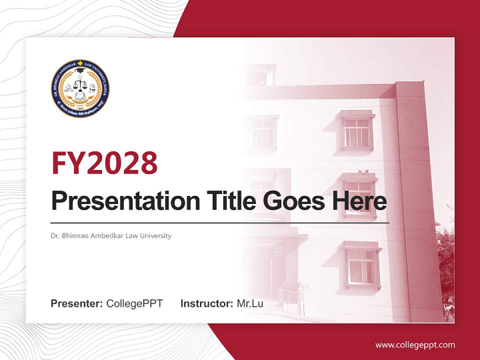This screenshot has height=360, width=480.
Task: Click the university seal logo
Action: [80, 88]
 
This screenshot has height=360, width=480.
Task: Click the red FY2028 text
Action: [104, 162]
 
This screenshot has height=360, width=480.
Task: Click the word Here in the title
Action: [360, 201]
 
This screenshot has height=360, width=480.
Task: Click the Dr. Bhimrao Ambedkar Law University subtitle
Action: [111, 235]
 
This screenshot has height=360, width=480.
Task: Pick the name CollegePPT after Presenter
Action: [134, 303]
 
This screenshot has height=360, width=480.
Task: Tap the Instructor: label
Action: [206, 303]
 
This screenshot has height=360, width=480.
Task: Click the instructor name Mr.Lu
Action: [250, 303]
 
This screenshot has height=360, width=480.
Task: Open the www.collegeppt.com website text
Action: [415, 344]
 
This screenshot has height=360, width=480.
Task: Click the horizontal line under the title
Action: [220, 222]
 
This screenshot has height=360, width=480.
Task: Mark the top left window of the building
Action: [262, 133]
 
